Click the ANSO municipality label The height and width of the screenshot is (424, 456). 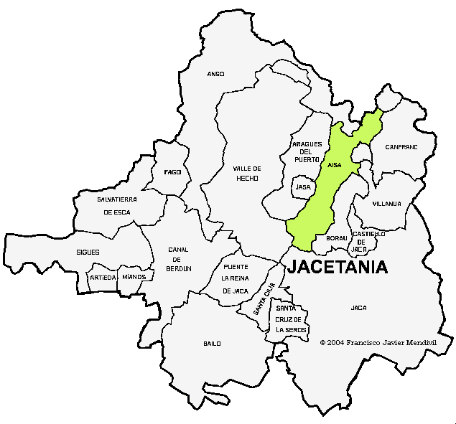tap(215, 74)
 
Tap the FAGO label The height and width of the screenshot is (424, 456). tap(172, 172)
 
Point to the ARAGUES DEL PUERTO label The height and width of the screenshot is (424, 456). tap(306, 151)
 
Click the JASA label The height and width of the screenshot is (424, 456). tap(303, 187)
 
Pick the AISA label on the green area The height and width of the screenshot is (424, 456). tap(334, 165)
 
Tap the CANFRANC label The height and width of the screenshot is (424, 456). tap(401, 146)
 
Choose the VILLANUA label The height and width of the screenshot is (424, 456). tap(386, 204)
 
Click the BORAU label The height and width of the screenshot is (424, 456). tap(336, 237)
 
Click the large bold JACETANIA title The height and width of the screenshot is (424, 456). tap(338, 268)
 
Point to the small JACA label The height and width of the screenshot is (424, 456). tap(358, 308)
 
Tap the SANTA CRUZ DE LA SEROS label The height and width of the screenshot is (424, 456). tap(291, 319)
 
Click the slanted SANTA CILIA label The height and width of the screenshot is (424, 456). tap(264, 300)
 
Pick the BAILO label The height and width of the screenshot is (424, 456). tap(212, 344)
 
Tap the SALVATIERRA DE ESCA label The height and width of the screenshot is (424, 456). tap(117, 205)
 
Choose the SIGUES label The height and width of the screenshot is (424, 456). tap(88, 252)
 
